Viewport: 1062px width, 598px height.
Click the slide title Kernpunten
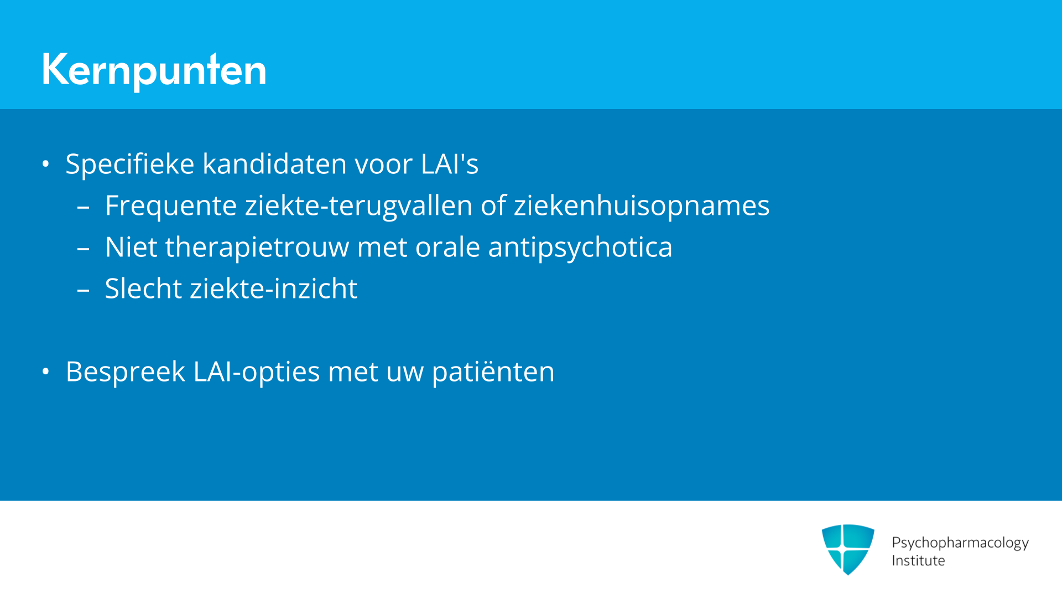click(154, 70)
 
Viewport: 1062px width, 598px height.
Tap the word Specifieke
click(130, 164)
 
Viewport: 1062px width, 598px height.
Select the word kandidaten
click(275, 164)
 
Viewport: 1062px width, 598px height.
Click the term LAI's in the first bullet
click(450, 164)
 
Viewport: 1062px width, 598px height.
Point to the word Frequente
click(171, 206)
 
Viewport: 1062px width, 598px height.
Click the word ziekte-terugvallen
click(359, 205)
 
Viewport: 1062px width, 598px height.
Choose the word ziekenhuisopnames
click(642, 205)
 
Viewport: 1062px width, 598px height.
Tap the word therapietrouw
click(257, 247)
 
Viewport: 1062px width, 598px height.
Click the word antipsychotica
click(580, 247)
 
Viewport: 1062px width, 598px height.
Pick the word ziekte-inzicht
click(274, 288)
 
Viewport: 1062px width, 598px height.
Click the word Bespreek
click(126, 372)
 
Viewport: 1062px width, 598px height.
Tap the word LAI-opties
click(257, 372)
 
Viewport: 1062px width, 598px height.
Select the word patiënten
click(493, 372)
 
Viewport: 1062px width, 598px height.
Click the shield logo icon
click(848, 549)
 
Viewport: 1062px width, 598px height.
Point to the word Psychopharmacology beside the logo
click(960, 543)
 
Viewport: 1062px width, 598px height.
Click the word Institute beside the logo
click(918, 561)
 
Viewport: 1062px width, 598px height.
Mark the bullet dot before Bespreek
click(46, 372)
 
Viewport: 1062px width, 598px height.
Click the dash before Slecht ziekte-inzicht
click(84, 290)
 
